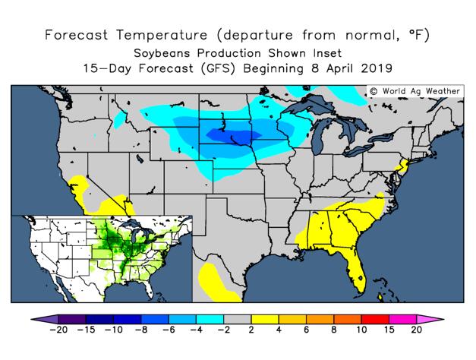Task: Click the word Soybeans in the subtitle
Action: pos(160,53)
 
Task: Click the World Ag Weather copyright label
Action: pos(415,91)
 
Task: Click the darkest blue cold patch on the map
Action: pos(236,137)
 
